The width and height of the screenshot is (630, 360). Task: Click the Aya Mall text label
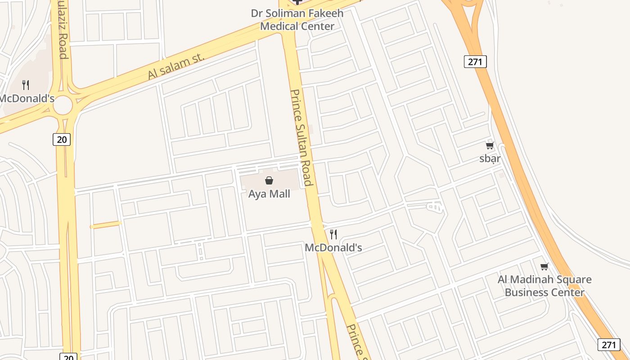click(269, 194)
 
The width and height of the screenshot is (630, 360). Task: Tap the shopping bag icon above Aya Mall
click(269, 180)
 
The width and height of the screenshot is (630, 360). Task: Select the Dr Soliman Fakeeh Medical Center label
click(297, 19)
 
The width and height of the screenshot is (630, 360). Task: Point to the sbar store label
click(490, 158)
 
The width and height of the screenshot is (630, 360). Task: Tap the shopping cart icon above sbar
click(490, 145)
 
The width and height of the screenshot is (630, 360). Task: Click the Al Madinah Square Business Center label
click(544, 286)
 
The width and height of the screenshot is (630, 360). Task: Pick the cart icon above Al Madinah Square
click(544, 266)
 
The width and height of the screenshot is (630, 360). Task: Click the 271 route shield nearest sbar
click(475, 61)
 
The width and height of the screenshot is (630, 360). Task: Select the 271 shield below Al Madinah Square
click(608, 345)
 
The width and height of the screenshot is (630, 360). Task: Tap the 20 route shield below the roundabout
click(62, 139)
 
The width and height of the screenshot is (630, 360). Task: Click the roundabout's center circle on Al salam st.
click(63, 105)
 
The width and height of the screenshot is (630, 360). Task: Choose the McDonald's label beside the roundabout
click(27, 98)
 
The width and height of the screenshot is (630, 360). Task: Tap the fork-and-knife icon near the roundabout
click(26, 85)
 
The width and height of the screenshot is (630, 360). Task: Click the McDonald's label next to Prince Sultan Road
click(333, 247)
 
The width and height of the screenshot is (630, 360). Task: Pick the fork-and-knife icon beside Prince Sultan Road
click(333, 234)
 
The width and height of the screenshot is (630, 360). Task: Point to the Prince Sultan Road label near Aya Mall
click(301, 137)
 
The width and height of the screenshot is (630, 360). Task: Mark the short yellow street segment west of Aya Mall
click(106, 225)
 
